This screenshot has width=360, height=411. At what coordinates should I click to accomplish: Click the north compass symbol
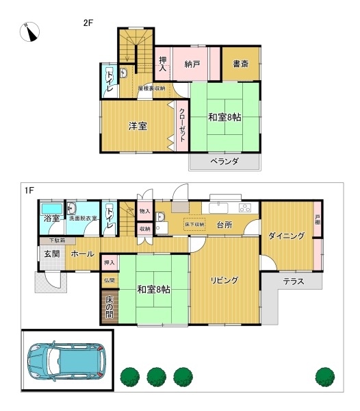coord(29,32)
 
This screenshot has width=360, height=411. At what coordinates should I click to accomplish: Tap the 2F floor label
coord(88,23)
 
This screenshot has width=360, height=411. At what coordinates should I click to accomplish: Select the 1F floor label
coord(29,190)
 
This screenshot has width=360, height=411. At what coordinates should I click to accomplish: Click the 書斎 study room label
coord(241,64)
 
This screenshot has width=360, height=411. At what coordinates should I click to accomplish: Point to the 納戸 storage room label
coord(192,64)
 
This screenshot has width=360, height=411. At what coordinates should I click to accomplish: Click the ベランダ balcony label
coord(224,161)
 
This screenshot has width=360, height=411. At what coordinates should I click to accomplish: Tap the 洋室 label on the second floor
coord(138,126)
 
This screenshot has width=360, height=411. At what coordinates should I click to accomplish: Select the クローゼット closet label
coord(182,125)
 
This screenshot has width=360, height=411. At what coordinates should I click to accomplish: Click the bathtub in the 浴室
coord(52,209)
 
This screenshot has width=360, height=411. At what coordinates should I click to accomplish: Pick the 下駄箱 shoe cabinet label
coord(57,240)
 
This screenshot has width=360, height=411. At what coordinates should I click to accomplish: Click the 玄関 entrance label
coord(52,253)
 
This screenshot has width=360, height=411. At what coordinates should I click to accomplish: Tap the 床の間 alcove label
coord(110,307)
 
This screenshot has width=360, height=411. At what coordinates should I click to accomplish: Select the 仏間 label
coord(110,280)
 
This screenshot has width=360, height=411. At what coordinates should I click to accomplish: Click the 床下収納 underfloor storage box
coord(194,225)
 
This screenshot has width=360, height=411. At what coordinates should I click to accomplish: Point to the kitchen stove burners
coord(245,208)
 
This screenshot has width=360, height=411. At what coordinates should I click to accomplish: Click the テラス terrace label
coord(294,282)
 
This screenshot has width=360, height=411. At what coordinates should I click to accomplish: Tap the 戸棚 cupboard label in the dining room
coord(318,220)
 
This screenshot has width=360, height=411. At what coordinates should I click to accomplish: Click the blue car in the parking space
coord(66,362)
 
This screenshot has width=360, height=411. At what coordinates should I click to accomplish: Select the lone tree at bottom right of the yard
coord(325,377)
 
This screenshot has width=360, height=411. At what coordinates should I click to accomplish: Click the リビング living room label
coord(224,280)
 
